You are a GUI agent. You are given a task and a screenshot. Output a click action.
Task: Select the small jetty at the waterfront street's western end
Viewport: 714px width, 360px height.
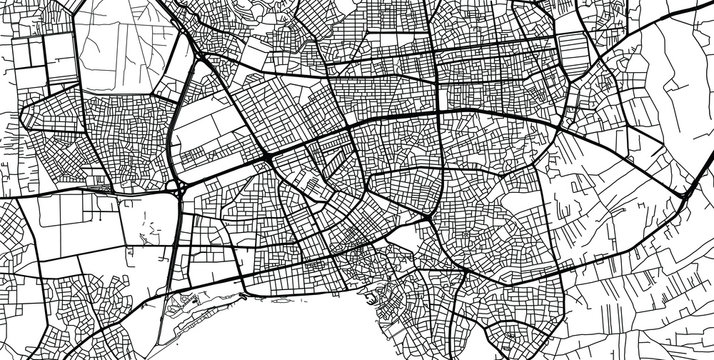(x=243, y=295)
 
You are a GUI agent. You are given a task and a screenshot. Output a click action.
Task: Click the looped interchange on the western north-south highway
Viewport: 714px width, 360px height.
(x=180, y=186)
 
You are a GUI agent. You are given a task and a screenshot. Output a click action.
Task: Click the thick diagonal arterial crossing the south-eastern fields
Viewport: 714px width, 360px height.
(x=620, y=240)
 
